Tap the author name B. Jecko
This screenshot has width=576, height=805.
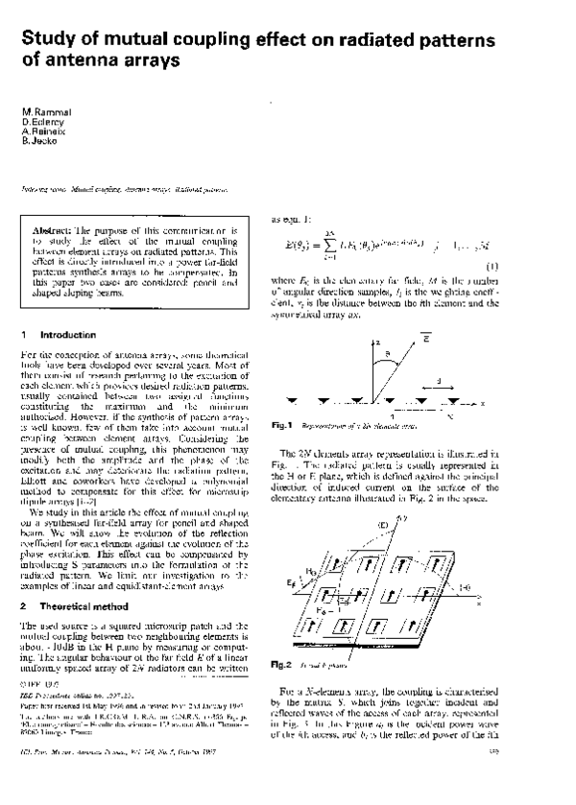[x=40, y=141]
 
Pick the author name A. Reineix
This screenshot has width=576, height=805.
[x=43, y=132]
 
